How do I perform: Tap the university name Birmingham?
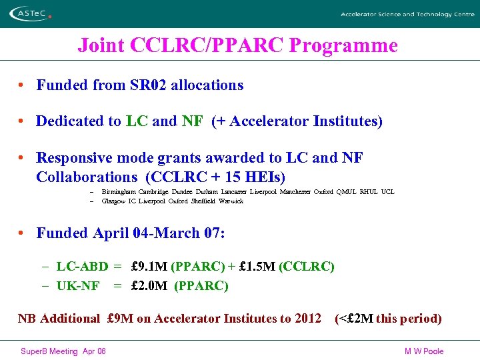(119, 192)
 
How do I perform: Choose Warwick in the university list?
(231, 201)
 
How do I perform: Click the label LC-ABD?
(82, 267)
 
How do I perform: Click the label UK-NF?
(78, 286)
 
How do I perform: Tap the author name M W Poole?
(424, 351)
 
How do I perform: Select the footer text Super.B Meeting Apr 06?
(63, 351)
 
